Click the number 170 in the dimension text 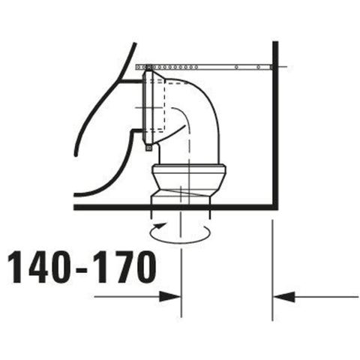[126, 267]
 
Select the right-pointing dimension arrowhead [169, 297]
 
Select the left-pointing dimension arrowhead [284, 297]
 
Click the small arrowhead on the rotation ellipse [160, 225]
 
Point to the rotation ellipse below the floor [180, 243]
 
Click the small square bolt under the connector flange [148, 148]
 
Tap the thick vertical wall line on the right [275, 125]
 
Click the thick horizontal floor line [175, 207]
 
